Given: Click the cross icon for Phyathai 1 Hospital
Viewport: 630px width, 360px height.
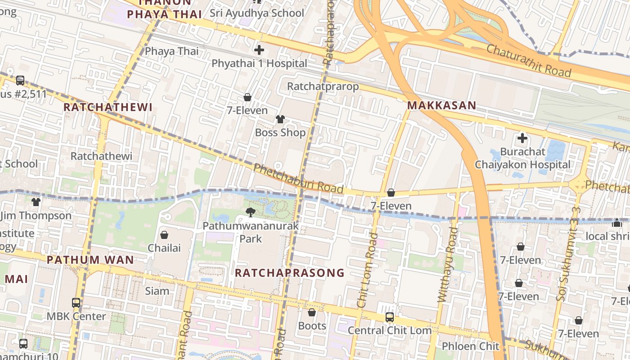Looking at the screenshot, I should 259,50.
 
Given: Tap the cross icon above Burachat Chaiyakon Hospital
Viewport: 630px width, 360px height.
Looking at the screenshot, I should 522,138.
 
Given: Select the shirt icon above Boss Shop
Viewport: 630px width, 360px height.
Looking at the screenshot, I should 280,119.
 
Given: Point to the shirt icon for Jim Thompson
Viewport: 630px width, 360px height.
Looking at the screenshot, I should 36,202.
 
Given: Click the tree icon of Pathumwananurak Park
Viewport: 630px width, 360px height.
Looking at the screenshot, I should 250,212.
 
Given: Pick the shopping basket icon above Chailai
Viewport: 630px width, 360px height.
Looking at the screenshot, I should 164,235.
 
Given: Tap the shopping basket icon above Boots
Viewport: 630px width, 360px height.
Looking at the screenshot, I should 312,312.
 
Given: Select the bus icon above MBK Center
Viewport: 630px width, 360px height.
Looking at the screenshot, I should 76,303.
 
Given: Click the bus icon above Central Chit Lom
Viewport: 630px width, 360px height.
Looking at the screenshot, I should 390,317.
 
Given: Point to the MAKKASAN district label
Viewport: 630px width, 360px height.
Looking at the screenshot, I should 441,106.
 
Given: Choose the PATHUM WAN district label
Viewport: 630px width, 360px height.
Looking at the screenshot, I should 90,260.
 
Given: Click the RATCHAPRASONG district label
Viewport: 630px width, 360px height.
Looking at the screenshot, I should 289,273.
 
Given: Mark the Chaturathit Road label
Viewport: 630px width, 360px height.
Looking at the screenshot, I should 529,61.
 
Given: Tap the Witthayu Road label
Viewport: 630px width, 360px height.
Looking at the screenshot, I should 448,265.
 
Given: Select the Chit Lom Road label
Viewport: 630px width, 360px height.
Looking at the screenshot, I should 367,270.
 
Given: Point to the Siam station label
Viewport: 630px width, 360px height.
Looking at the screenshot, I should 157,291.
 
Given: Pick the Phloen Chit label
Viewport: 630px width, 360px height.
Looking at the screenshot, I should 470,346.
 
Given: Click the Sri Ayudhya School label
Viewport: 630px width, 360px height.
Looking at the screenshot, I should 257,13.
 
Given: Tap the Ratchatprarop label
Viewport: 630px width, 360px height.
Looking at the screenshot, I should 323,86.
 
